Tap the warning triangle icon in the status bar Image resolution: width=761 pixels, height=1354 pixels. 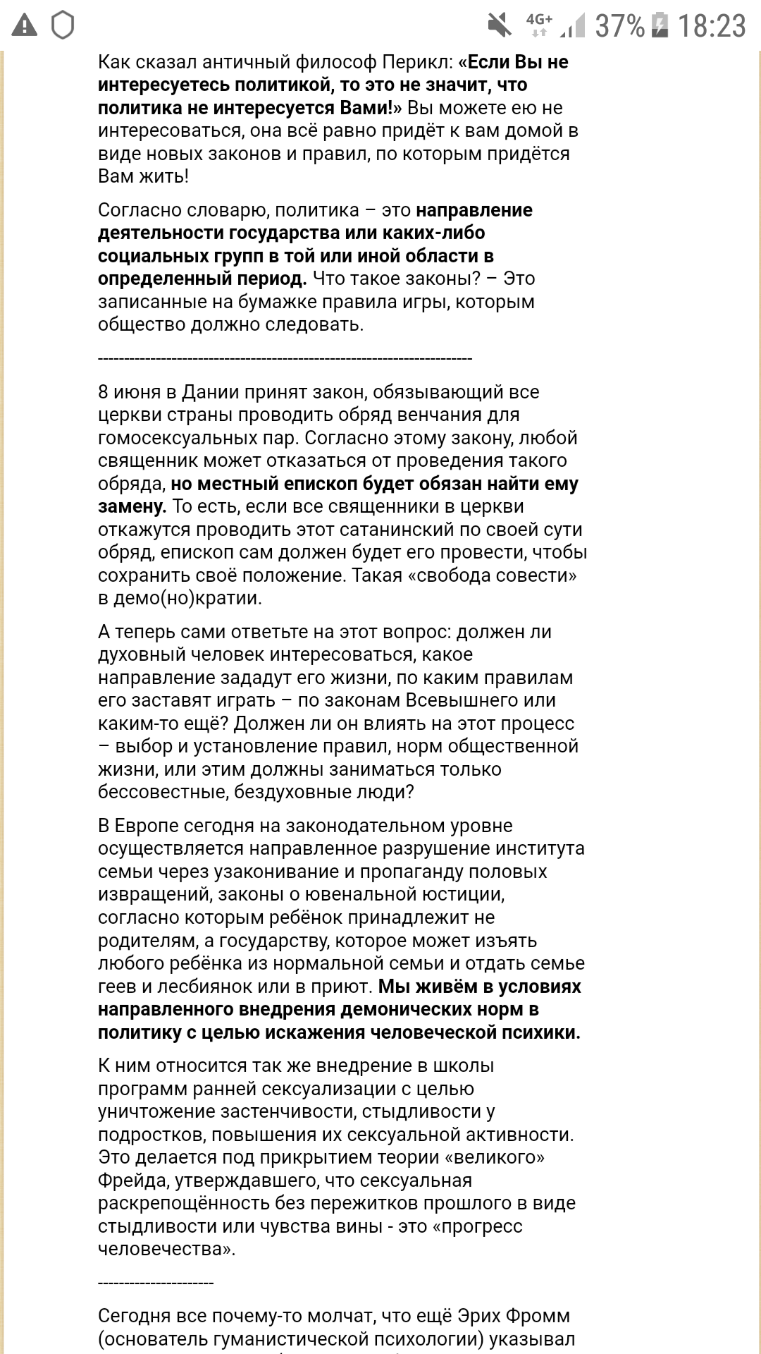click(x=26, y=26)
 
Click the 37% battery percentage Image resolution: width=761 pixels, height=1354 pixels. click(x=620, y=27)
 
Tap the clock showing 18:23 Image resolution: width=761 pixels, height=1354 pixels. click(x=712, y=27)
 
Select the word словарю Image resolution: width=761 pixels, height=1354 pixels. click(x=228, y=210)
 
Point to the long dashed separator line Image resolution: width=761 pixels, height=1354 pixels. click(x=285, y=359)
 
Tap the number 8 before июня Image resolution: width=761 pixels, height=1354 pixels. click(x=104, y=392)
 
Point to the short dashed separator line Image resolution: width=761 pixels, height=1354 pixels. click(x=156, y=1283)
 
